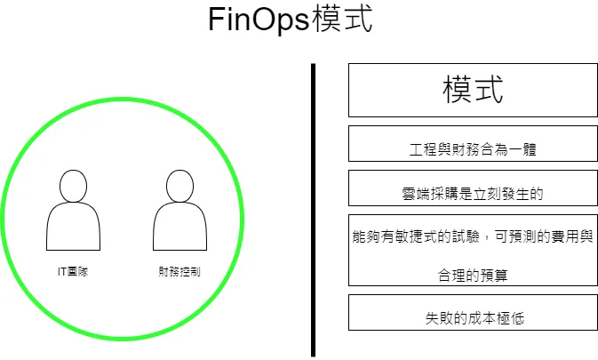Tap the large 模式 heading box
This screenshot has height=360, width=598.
coord(472,90)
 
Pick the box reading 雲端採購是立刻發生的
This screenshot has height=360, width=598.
coord(472,188)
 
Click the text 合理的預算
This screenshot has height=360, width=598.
coord(472,275)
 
